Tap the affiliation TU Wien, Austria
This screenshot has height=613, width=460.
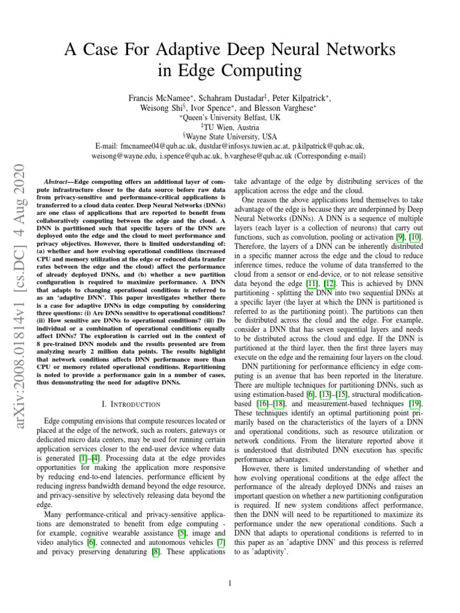pos(231,128)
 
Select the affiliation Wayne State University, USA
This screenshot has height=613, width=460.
pos(231,136)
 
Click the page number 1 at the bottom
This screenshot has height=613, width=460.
pos(230,584)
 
